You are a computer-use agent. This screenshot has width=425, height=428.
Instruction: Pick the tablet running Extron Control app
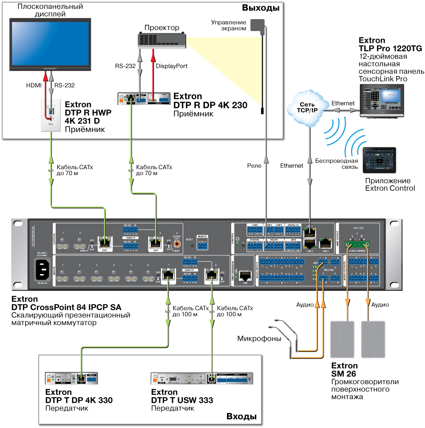pyautogui.click(x=380, y=160)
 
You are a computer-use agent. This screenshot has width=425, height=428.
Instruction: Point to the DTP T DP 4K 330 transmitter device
pyautogui.click(x=72, y=379)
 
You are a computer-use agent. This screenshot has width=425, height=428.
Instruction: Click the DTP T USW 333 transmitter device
pyautogui.click(x=202, y=379)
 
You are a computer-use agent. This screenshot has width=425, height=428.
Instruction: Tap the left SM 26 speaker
pyautogui.click(x=342, y=339)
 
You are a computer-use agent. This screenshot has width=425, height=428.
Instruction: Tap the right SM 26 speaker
pyautogui.click(x=373, y=339)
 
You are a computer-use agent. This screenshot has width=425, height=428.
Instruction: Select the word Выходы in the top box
pyautogui.click(x=261, y=8)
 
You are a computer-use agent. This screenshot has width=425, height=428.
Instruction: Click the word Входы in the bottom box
pyautogui.click(x=242, y=415)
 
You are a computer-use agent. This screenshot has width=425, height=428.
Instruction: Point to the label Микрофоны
pyautogui.click(x=259, y=339)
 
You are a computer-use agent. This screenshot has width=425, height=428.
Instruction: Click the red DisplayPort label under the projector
pyautogui.click(x=171, y=66)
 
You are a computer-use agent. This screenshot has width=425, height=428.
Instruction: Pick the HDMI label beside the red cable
pyautogui.click(x=34, y=85)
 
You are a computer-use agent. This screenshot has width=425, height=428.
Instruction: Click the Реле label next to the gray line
pyautogui.click(x=254, y=165)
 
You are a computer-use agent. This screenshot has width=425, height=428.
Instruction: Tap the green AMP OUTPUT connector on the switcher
pyautogui.click(x=357, y=244)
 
